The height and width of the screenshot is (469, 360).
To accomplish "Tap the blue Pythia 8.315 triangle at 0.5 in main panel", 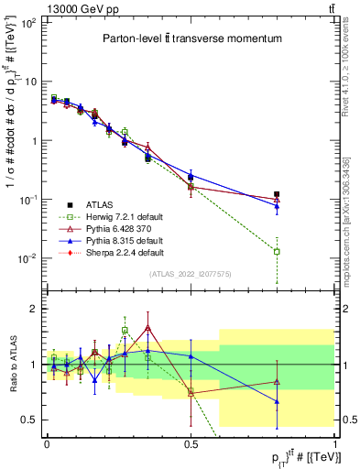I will tap(191, 175).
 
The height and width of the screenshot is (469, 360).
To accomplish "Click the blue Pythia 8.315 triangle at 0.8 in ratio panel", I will tap(277, 401).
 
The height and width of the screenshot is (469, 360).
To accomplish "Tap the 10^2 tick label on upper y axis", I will tap(29, 22).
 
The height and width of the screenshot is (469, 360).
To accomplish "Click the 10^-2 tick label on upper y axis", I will tap(29, 258).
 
